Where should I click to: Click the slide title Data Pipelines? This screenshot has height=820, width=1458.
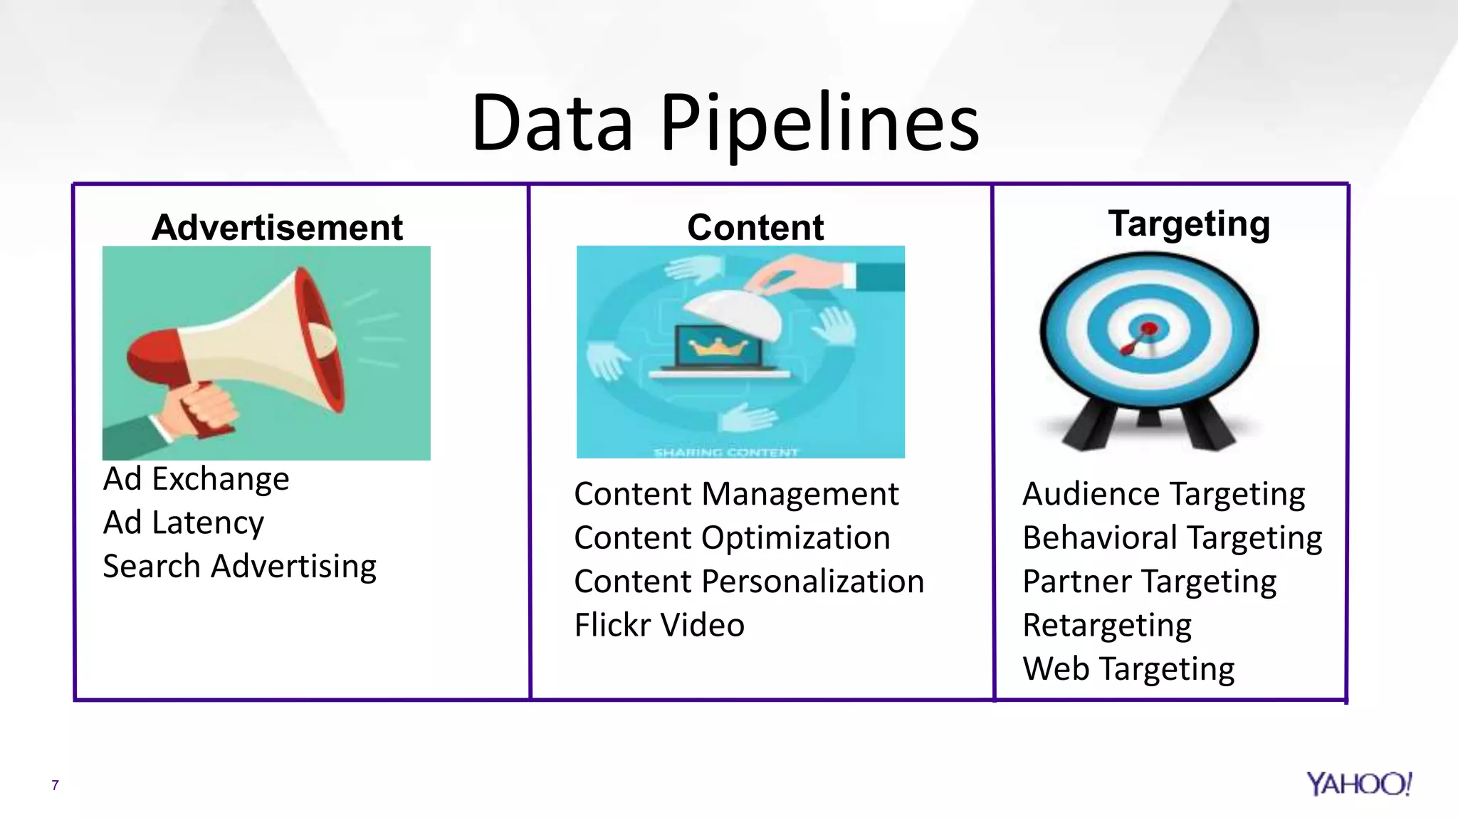coord(725,122)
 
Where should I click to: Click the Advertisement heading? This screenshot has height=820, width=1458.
coord(277,228)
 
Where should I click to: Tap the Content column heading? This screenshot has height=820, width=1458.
coord(755,228)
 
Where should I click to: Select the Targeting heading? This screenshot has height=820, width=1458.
coord(1189,224)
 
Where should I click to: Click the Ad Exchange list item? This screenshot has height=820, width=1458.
coord(196,479)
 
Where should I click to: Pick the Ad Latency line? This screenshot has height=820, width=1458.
coord(184,523)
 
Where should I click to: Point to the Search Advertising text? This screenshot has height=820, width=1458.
coord(239,567)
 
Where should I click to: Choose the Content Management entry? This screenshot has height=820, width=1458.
coord(736,495)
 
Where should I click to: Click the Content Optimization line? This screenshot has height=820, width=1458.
coord(732,538)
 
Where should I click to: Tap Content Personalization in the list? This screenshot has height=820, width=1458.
coord(749,582)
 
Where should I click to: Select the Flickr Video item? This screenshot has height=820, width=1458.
coord(659,626)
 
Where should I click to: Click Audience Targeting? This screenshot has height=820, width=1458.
coord(1163,495)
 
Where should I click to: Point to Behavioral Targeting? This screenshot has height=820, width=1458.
coord(1172,539)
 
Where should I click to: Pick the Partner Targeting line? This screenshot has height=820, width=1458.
coord(1149,582)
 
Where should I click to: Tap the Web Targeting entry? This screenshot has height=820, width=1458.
coord(1128,670)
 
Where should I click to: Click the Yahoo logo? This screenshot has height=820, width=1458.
coord(1358,784)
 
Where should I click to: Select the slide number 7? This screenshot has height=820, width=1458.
coord(55,786)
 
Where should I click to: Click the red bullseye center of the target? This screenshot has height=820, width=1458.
coord(1149,329)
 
